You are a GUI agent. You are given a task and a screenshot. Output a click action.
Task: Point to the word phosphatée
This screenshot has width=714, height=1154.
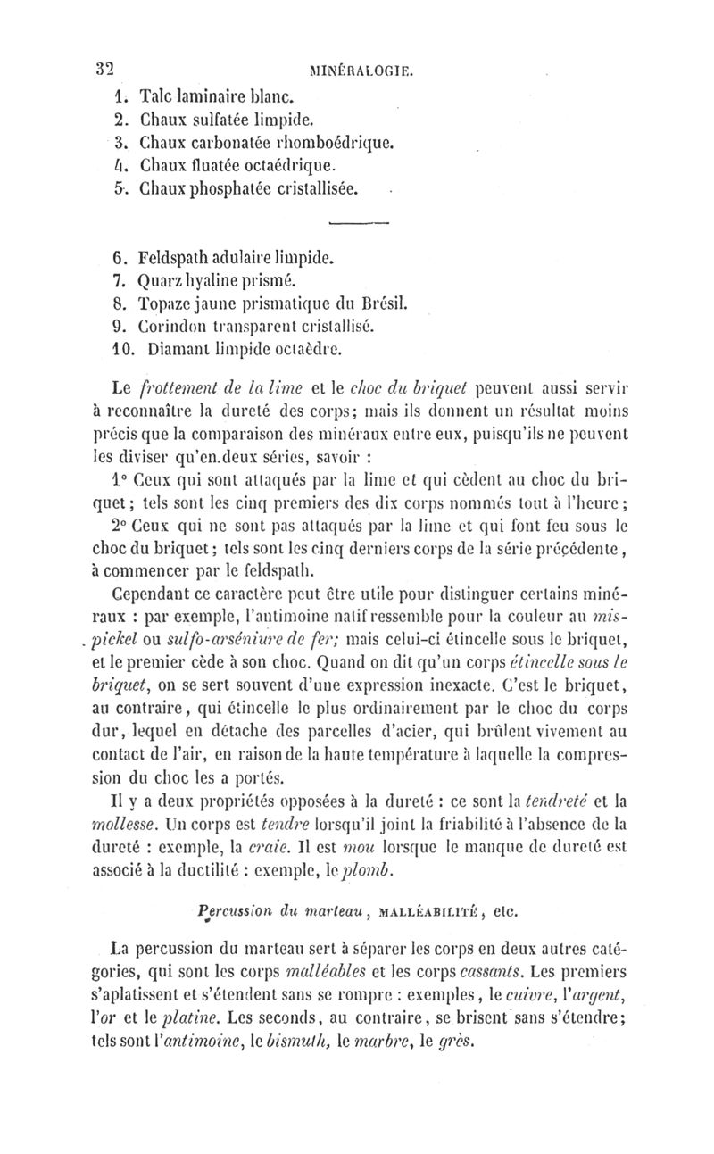pos(243,188)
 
